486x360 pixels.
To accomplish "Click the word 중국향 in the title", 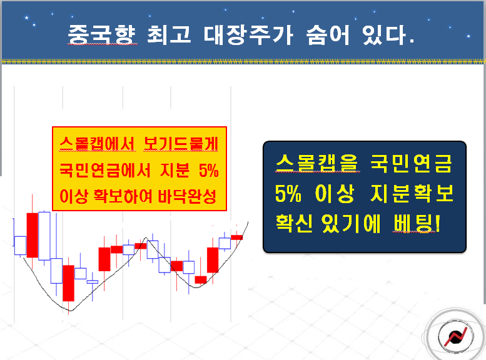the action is [x=102, y=34].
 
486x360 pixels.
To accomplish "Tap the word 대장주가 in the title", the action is [x=248, y=34].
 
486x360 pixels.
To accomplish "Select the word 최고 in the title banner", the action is [x=169, y=34].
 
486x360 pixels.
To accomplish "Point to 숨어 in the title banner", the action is [x=328, y=34].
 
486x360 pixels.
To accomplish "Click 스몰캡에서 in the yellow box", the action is [x=98, y=144].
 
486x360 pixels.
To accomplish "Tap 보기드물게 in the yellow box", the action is [x=181, y=144].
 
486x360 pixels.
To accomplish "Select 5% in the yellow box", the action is [x=208, y=170].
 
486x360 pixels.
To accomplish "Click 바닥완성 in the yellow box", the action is [x=187, y=196].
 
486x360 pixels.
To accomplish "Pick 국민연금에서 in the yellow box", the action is [x=104, y=170].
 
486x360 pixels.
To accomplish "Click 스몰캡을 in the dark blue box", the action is [x=317, y=162].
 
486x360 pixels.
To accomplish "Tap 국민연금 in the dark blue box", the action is [x=411, y=162].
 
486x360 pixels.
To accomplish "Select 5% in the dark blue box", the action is [x=288, y=194].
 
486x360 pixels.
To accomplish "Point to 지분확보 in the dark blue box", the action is [x=412, y=193].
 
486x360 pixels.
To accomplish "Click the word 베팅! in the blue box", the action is [x=417, y=223].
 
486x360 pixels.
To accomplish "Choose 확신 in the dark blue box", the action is [x=295, y=223].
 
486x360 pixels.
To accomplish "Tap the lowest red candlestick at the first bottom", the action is [x=69, y=283].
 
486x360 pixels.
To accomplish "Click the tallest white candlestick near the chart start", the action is [x=44, y=236].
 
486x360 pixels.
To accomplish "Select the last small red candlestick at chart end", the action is [x=237, y=237].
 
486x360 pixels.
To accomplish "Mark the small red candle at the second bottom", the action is [x=201, y=280].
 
